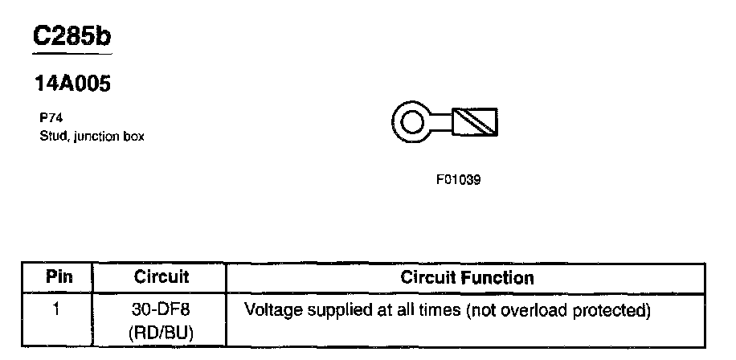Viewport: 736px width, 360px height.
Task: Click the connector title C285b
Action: coord(72,37)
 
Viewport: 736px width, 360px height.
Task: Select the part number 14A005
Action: coord(71,84)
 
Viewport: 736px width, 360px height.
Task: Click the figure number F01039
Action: coord(458,180)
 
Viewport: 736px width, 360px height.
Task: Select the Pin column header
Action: coord(58,277)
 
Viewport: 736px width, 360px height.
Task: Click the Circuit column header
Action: coord(161,277)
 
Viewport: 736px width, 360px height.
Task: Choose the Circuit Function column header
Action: coord(467,277)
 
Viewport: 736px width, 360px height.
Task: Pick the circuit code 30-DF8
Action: coord(161,309)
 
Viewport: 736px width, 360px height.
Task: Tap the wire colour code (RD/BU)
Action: coord(161,330)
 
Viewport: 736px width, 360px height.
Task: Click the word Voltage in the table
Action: coord(271,309)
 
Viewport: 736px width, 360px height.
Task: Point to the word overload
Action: coord(534,309)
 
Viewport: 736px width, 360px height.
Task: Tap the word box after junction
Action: coord(133,136)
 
